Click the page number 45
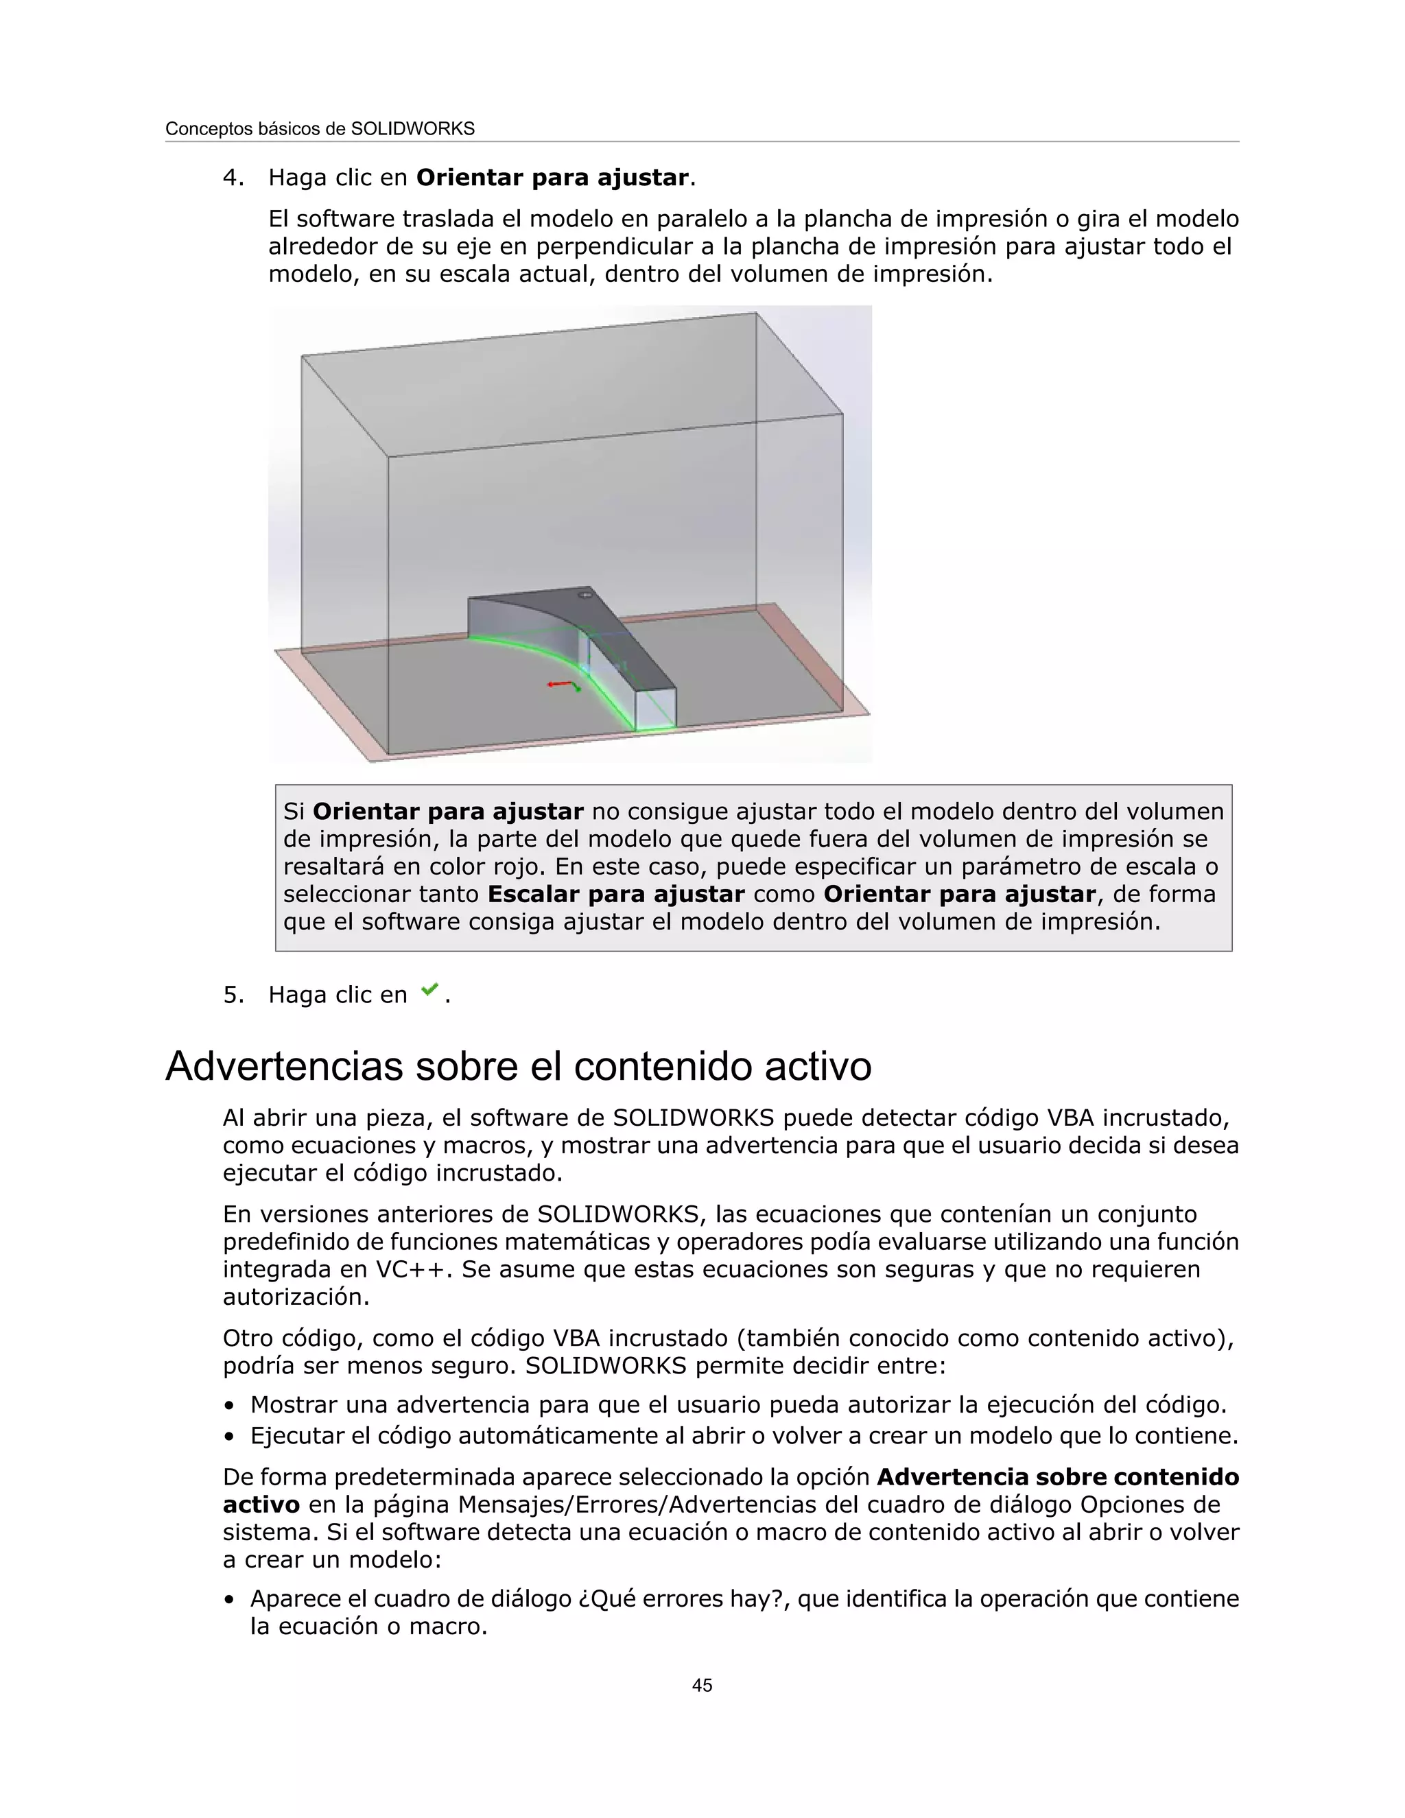(702, 1685)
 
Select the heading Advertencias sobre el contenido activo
(518, 1066)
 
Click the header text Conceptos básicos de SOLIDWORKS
(320, 129)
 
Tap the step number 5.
(233, 995)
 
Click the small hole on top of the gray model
(585, 595)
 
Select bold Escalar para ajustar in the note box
(616, 894)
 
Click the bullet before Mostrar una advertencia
(229, 1406)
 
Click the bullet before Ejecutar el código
(229, 1437)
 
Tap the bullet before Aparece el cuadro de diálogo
(229, 1600)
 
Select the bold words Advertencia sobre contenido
(1057, 1478)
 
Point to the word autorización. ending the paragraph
(296, 1297)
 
